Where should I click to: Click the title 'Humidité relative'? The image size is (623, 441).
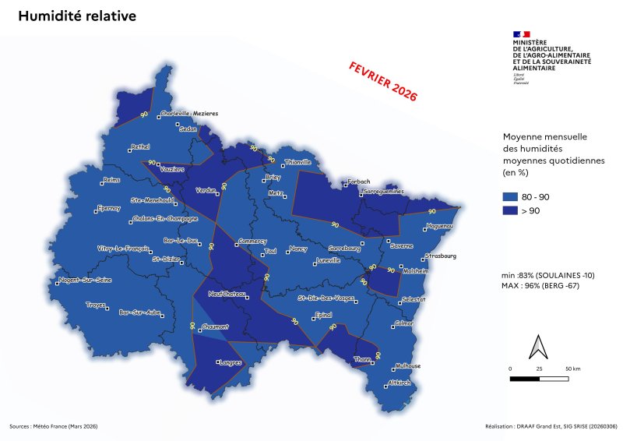point(76,16)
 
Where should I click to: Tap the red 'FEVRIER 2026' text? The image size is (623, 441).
point(382,82)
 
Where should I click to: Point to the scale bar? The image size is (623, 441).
point(540,379)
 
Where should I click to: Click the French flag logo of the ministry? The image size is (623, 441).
point(521,34)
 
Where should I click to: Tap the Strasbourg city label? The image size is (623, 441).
point(440,256)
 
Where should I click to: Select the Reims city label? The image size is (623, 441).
point(113,181)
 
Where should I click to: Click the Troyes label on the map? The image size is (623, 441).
point(96,305)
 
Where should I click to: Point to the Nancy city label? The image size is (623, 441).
point(298,249)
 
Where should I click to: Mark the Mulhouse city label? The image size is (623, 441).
point(407,366)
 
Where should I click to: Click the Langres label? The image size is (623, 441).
point(230,363)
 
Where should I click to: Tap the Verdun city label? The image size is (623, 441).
point(206,190)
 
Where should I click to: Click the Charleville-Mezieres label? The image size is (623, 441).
point(189,114)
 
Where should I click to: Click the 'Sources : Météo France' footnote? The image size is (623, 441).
point(54,426)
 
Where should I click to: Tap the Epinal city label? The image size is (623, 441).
point(322,315)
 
